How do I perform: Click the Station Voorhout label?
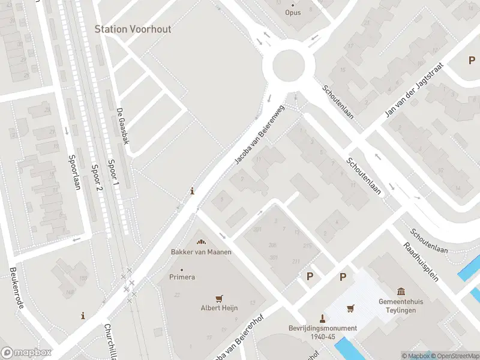pyautogui.click(x=133, y=29)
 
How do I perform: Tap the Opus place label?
pyautogui.click(x=293, y=12)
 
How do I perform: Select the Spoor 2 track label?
pyautogui.click(x=96, y=178)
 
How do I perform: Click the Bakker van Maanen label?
pyautogui.click(x=201, y=252)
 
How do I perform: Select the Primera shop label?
pyautogui.click(x=182, y=277)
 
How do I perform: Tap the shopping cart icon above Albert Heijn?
pyautogui.click(x=219, y=298)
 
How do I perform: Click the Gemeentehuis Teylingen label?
pyautogui.click(x=401, y=305)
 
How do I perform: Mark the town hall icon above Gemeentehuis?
pyautogui.click(x=401, y=290)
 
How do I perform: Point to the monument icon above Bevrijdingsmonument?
pyautogui.click(x=323, y=317)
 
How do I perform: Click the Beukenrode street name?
pyautogui.click(x=17, y=289)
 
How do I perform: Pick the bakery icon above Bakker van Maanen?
pyautogui.click(x=201, y=241)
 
